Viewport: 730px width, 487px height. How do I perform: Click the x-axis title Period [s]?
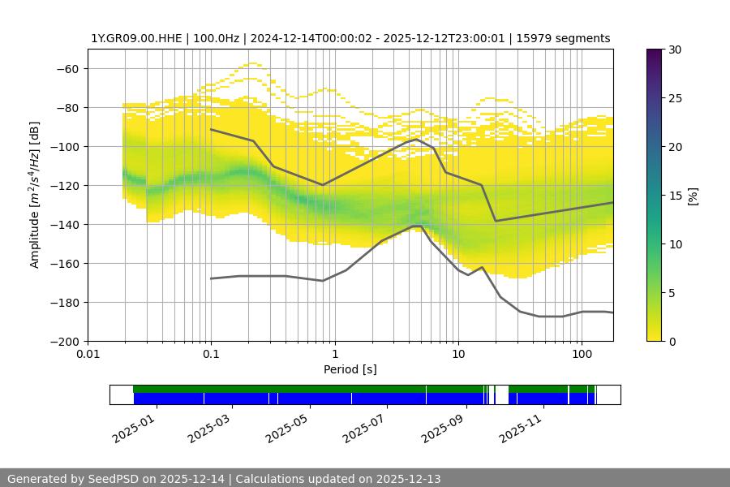[x=350, y=369]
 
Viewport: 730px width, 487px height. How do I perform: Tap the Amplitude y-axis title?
[x=35, y=195]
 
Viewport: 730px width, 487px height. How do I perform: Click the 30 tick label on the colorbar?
[x=675, y=50]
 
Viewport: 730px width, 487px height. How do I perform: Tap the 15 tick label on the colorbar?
[x=675, y=195]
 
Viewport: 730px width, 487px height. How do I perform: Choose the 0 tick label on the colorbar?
[x=672, y=341]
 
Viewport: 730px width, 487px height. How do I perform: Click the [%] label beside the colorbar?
[x=693, y=195]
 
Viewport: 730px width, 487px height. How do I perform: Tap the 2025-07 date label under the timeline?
[x=368, y=425]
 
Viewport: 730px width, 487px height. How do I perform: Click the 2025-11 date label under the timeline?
[x=524, y=425]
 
